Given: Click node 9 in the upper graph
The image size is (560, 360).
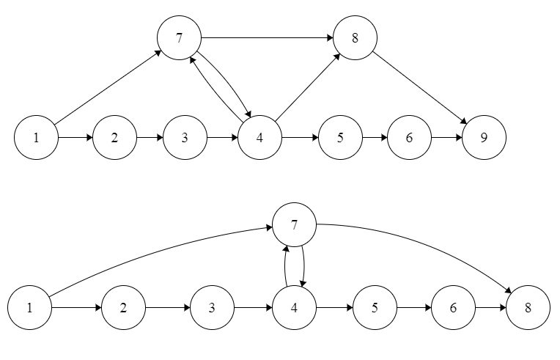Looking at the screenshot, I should coord(485,136).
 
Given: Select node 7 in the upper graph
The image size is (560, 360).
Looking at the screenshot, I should coord(180,37).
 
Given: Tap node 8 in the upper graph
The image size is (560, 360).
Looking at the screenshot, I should coord(355,37).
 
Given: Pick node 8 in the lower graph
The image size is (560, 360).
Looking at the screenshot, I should coord(527,306).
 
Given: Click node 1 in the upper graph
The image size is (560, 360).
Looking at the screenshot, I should coord(36,136).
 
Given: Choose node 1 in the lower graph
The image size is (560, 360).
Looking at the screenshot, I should coord(30,306).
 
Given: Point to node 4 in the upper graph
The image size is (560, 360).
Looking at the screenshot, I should coord(260,136).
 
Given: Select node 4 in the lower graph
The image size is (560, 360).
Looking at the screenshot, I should coord(294,306).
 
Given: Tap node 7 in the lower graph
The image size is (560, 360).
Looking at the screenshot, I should coord(294,224).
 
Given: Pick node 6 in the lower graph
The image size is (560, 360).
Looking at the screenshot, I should coord(454,306).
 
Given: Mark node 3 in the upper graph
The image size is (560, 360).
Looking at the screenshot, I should coord(185,136).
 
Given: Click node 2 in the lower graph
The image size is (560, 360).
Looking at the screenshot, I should coord(123,306).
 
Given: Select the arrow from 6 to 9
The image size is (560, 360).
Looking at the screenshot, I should coord(446,136).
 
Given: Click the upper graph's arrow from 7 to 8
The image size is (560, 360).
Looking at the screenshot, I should coord(267,37).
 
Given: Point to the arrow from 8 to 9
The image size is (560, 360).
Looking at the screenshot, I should coord(420,87).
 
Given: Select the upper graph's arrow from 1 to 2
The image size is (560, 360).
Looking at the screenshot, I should coord(75,136).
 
